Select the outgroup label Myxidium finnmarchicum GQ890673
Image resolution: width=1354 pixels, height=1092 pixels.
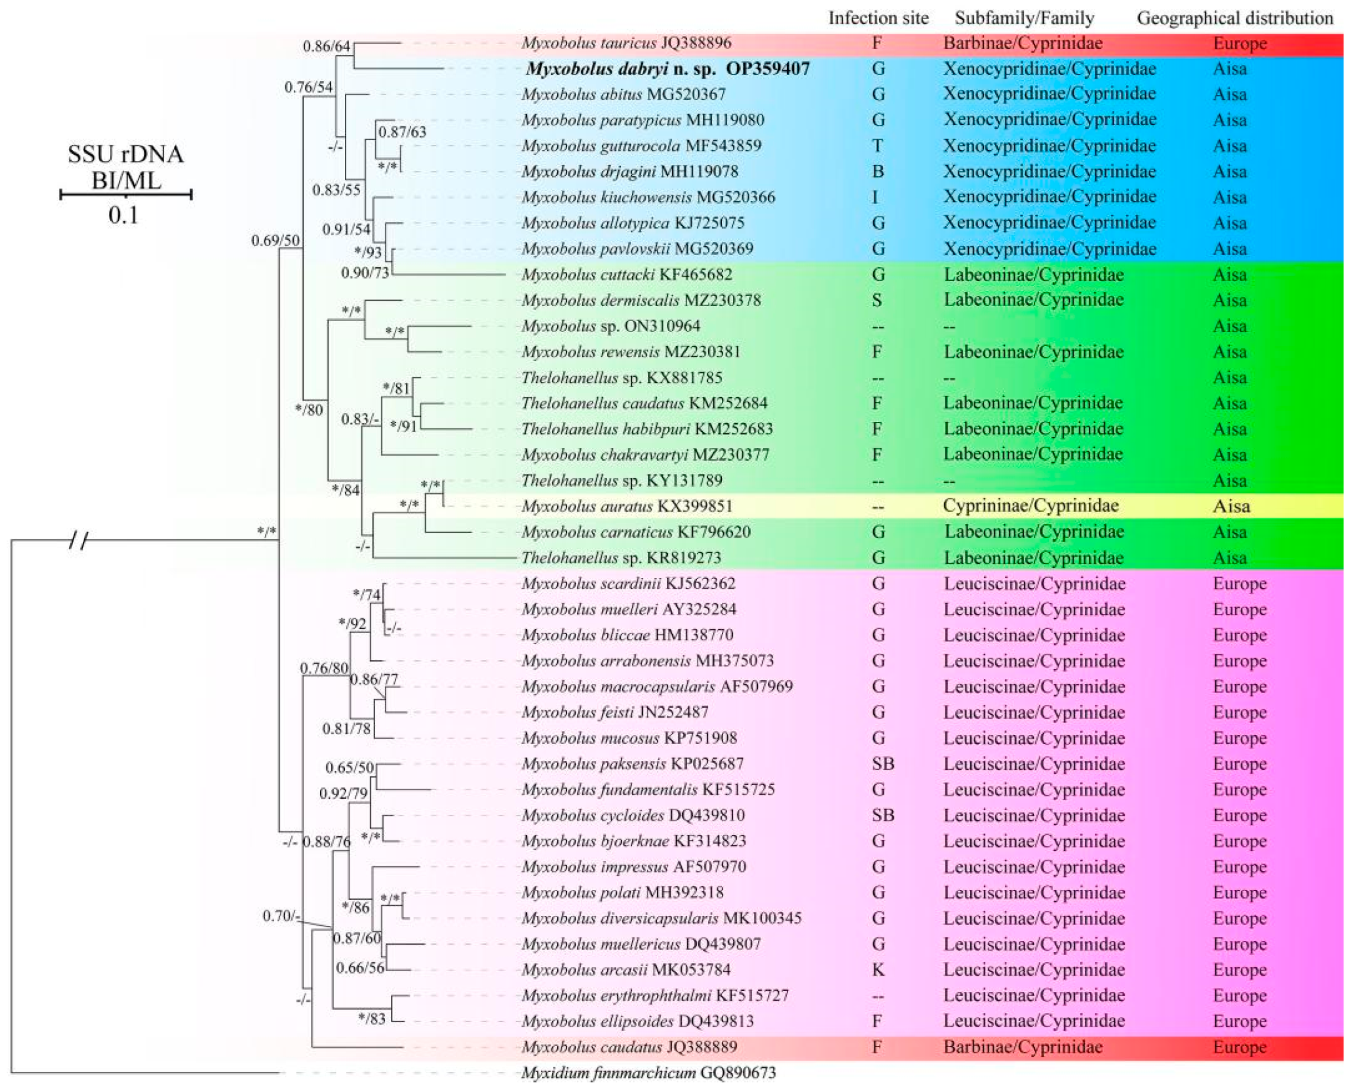point(648,1073)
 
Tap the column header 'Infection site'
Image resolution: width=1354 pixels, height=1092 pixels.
point(878,18)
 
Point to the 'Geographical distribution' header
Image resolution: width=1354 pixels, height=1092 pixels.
point(1235,18)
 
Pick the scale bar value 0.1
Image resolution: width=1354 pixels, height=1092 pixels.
point(123,216)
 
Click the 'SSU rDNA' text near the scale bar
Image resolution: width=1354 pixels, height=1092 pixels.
point(126,154)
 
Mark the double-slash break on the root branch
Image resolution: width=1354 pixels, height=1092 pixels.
point(78,539)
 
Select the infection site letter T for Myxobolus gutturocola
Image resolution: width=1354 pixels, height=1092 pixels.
point(877,146)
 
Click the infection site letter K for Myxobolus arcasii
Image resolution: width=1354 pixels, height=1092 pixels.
point(878,969)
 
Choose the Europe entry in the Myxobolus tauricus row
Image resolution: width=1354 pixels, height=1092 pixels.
point(1239,43)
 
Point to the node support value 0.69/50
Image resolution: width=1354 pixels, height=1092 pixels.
point(275,240)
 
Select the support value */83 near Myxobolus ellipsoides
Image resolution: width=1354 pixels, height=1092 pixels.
point(371,1018)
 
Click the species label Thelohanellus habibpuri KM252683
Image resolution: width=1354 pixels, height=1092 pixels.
point(647,429)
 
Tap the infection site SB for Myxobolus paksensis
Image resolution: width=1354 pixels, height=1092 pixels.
point(883,764)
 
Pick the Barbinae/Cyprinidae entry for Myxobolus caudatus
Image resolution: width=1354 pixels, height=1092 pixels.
point(1023,1047)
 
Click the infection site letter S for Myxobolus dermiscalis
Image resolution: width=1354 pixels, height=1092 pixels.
point(877,300)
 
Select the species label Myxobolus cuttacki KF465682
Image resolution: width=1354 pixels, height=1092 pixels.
point(626,274)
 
